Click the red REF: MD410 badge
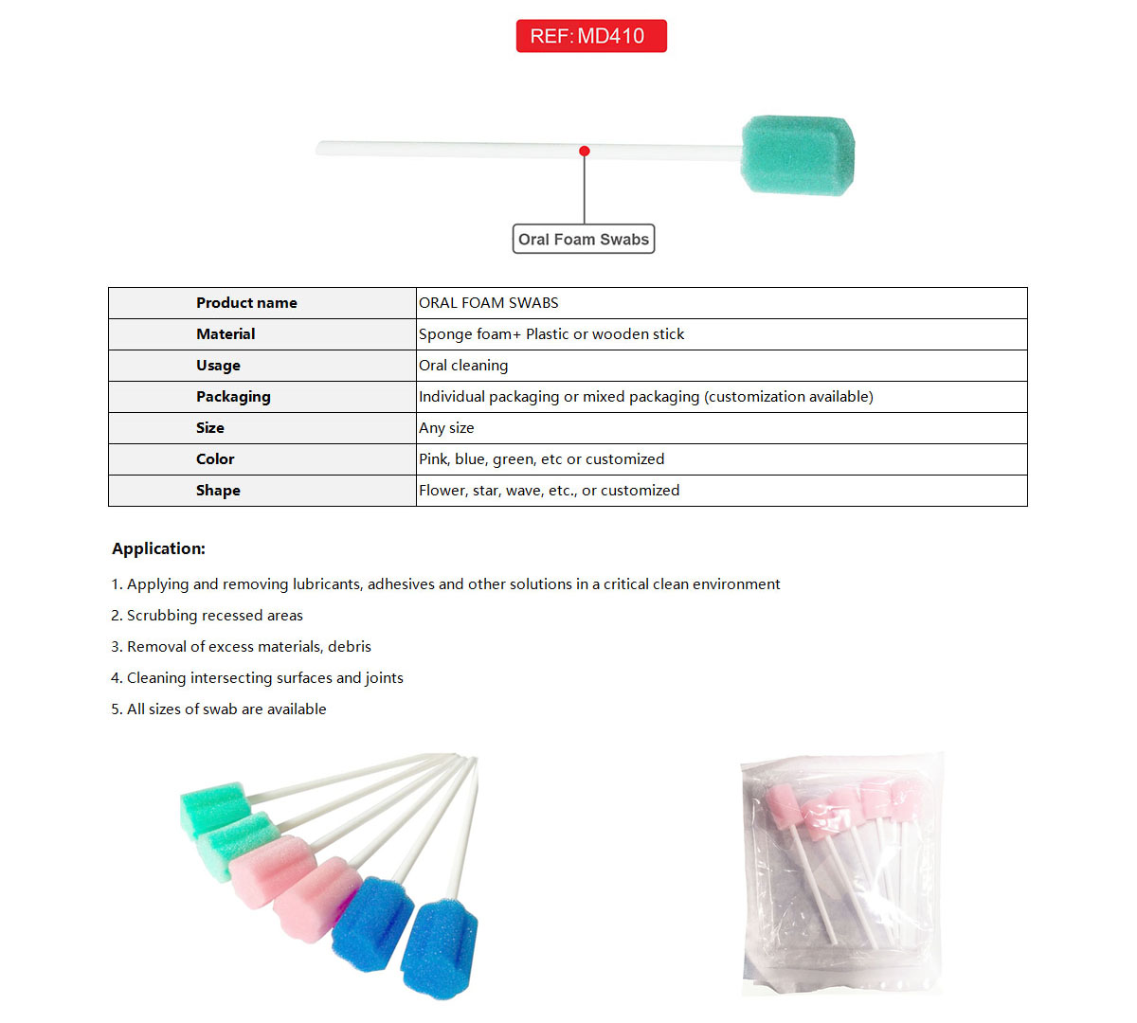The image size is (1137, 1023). (591, 36)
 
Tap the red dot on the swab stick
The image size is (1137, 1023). (585, 152)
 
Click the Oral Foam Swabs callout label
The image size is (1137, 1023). (584, 240)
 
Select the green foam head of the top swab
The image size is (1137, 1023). (797, 154)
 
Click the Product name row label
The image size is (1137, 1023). (246, 303)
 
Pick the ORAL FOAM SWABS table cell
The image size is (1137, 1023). (489, 303)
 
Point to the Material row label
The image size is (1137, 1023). (226, 334)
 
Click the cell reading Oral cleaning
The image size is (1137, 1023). (463, 366)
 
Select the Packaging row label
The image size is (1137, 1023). (233, 397)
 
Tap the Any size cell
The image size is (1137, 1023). (446, 428)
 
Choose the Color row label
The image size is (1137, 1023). (215, 459)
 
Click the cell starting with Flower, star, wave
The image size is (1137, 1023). (549, 491)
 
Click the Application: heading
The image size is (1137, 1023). (158, 548)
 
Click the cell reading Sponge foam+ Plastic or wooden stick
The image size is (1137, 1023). (551, 334)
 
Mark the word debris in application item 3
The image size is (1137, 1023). (350, 647)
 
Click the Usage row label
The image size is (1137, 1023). (218, 366)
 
